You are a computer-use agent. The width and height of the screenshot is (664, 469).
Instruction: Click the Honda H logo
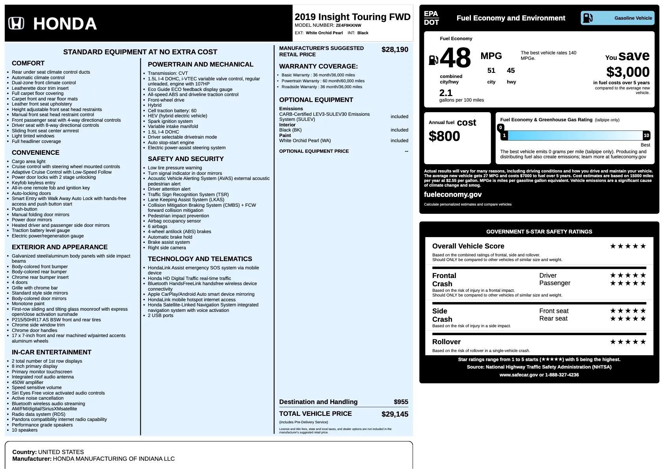click(x=16, y=24)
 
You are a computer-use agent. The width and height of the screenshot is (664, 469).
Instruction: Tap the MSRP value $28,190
click(x=394, y=50)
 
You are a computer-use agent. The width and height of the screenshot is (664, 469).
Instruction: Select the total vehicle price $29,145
click(x=394, y=414)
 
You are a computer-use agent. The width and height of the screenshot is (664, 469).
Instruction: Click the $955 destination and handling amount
click(x=401, y=402)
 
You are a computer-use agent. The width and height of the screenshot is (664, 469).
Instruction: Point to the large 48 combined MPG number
click(x=455, y=58)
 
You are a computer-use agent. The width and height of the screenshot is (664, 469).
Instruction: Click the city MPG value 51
click(x=491, y=70)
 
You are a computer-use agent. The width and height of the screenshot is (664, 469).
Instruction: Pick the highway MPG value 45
click(x=511, y=70)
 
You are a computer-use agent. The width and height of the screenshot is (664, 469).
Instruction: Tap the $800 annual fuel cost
click(x=444, y=136)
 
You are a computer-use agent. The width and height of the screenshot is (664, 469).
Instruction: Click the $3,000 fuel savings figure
click(x=628, y=72)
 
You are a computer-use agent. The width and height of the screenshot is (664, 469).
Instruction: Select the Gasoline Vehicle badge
click(x=617, y=18)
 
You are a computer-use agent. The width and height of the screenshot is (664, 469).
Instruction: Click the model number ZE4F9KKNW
click(x=348, y=25)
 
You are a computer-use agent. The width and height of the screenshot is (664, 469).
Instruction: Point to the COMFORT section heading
click(x=28, y=63)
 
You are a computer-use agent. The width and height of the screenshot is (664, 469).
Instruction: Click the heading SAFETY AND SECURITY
click(x=186, y=159)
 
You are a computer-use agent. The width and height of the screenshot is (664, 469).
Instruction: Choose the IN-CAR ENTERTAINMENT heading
click(x=52, y=352)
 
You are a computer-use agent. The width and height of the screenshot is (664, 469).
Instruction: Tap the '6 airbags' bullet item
click(x=158, y=226)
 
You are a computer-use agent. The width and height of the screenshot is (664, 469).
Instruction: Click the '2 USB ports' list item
click(x=160, y=315)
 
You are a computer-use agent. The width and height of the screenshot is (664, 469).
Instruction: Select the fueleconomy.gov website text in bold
click(x=453, y=195)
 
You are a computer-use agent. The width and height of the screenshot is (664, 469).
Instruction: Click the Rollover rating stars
click(x=628, y=342)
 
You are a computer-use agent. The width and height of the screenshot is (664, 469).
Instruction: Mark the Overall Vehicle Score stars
click(x=628, y=246)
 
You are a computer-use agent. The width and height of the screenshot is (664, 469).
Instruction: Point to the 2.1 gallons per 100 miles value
click(x=446, y=93)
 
